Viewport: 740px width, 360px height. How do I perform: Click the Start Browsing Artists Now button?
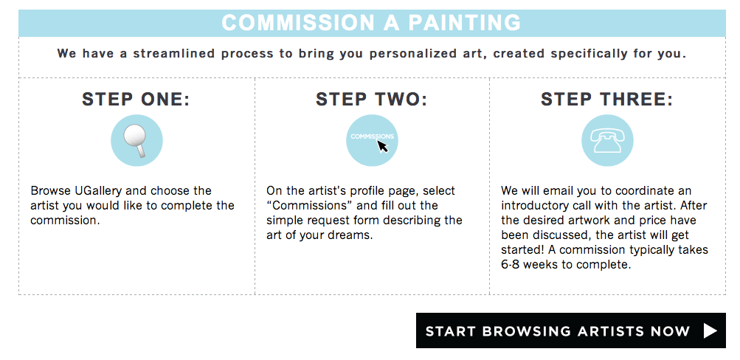pos(570,330)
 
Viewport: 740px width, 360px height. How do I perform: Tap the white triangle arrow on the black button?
pos(710,330)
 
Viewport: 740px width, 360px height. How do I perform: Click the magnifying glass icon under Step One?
pos(136,140)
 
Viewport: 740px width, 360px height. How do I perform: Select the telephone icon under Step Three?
pos(607,141)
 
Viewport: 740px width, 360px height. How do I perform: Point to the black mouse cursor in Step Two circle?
pos(382,146)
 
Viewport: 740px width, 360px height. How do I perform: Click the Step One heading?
pos(136,100)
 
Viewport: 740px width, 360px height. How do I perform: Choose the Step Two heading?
pos(371,100)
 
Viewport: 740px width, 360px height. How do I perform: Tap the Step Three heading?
pos(607,100)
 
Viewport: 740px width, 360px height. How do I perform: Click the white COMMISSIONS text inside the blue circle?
pos(372,136)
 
